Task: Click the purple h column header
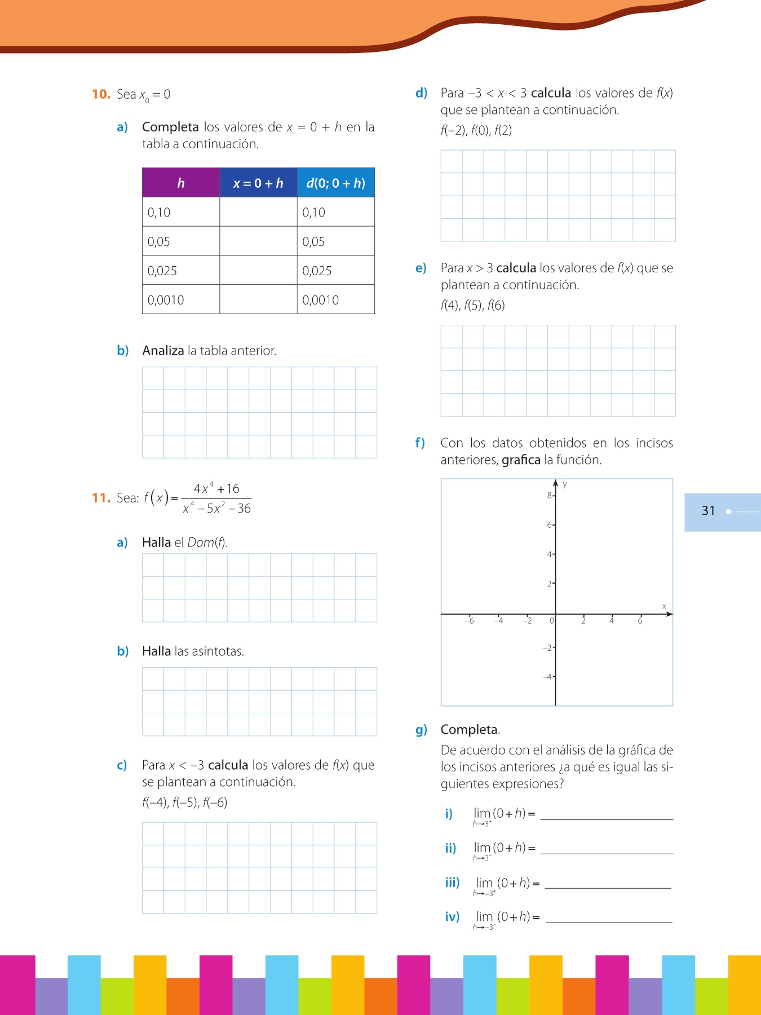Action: click(x=180, y=183)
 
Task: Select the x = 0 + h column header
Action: click(x=258, y=183)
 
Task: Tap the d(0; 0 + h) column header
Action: click(x=335, y=183)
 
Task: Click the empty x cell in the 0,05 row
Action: click(x=258, y=241)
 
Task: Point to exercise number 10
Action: click(x=101, y=94)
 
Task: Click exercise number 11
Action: click(x=101, y=498)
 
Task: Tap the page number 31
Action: click(x=708, y=511)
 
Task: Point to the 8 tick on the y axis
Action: click(x=550, y=496)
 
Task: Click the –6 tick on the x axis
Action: click(x=470, y=621)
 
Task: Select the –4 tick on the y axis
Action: click(x=547, y=677)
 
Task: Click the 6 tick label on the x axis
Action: click(x=640, y=621)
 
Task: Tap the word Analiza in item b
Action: click(x=163, y=351)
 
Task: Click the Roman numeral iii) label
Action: click(x=452, y=882)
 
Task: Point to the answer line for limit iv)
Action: click(x=609, y=922)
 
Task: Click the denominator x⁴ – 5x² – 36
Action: click(x=217, y=509)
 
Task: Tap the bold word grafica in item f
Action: click(x=521, y=460)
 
